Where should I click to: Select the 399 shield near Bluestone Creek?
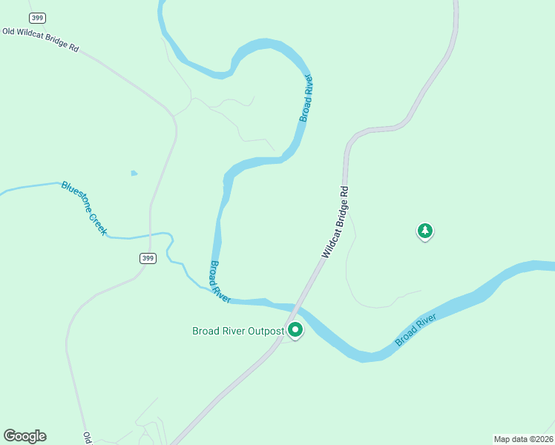[x=147, y=258]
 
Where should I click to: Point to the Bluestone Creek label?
[x=84, y=208]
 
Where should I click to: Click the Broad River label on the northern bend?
[x=306, y=99]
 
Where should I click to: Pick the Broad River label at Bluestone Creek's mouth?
[x=220, y=280]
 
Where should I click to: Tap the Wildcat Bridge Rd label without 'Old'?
[x=335, y=221]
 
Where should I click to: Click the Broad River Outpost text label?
[x=238, y=331]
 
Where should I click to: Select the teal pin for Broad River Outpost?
[x=295, y=330]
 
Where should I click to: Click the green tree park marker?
[x=424, y=231]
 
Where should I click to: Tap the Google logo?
[x=24, y=436]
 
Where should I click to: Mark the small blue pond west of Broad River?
[x=134, y=174]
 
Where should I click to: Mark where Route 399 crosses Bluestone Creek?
[x=151, y=236]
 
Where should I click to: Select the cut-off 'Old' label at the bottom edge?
[x=87, y=438]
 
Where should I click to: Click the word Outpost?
[x=265, y=331]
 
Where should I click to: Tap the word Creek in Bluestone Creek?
[x=96, y=223]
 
